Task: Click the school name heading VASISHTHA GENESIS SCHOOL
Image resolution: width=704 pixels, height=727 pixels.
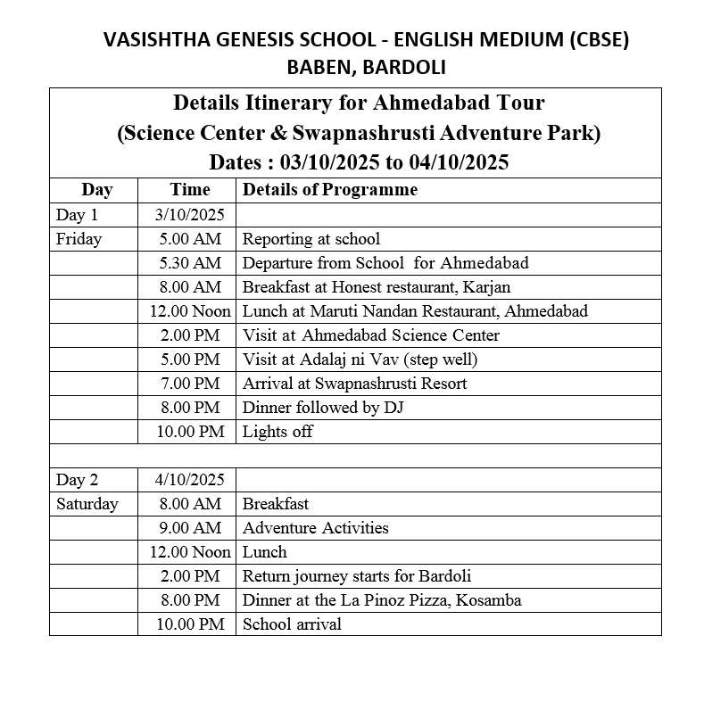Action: pos(366,40)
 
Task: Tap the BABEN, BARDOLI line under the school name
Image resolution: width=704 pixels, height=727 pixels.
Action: pos(366,67)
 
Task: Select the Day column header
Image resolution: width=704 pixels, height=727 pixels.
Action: pos(96,190)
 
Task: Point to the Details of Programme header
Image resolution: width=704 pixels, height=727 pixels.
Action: pos(329,190)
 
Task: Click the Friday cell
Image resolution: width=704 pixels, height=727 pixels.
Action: pos(79,239)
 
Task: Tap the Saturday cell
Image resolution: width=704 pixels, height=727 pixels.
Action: pos(87,504)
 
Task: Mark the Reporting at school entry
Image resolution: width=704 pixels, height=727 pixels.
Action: pos(311,239)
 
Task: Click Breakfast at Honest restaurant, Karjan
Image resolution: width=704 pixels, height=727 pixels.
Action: pos(377,287)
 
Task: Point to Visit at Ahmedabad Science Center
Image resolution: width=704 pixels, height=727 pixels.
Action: pos(370,335)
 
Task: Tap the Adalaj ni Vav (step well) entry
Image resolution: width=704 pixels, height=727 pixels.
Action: pos(360,359)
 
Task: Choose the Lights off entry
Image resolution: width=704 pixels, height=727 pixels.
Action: pos(277,432)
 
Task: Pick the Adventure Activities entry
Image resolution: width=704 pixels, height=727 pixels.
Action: pos(315,528)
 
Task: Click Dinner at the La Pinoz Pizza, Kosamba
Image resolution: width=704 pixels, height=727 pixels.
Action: pos(382,600)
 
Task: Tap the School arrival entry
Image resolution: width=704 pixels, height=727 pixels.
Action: pos(292,624)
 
